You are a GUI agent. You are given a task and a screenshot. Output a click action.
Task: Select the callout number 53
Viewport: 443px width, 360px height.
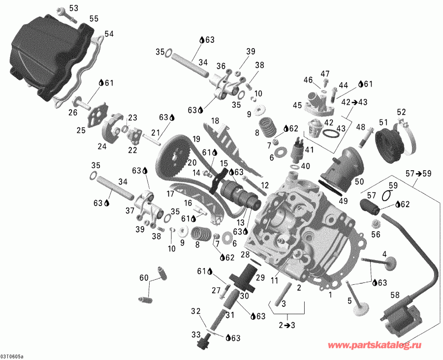pyautogui.click(x=73, y=8)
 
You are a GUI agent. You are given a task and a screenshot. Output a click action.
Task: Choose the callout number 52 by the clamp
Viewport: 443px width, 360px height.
pyautogui.click(x=401, y=111)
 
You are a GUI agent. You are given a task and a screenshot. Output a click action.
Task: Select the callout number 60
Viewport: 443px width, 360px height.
pyautogui.click(x=143, y=278)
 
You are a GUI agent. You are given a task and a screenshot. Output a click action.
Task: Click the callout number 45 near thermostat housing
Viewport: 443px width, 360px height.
pyautogui.click(x=297, y=105)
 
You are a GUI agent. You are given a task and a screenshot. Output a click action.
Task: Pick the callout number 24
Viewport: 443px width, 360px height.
pyautogui.click(x=102, y=146)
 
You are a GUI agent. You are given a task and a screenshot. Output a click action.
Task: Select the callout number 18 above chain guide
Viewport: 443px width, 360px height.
pyautogui.click(x=215, y=121)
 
